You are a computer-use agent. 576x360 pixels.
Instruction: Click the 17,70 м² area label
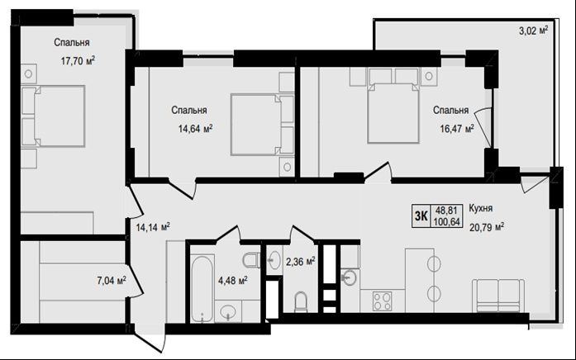pyautogui.click(x=78, y=60)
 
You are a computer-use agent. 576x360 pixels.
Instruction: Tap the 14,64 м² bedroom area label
pyautogui.click(x=195, y=129)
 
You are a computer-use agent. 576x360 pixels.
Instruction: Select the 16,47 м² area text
pyautogui.click(x=457, y=129)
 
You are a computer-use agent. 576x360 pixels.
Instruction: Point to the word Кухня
pyautogui.click(x=481, y=208)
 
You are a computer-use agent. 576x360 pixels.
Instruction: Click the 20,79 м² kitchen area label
pyautogui.click(x=487, y=227)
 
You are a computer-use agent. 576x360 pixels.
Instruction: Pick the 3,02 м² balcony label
pyautogui.click(x=533, y=31)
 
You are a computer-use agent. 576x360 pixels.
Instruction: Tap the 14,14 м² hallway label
pyautogui.click(x=153, y=227)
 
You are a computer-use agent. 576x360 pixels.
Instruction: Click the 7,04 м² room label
pyautogui.click(x=112, y=281)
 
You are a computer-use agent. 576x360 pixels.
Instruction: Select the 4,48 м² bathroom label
pyautogui.click(x=232, y=281)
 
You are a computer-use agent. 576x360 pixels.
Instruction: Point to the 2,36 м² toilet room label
pyautogui.click(x=301, y=262)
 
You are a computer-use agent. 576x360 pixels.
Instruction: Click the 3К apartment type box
pyautogui.click(x=421, y=216)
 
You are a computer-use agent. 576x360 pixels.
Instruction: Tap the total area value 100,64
pyautogui.click(x=447, y=222)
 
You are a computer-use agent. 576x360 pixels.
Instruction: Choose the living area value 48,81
pyautogui.click(x=446, y=211)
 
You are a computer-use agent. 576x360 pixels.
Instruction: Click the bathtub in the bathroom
pyautogui.click(x=202, y=288)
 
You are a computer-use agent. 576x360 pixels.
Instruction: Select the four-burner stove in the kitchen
pyautogui.click(x=382, y=301)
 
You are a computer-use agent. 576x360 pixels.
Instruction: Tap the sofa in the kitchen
pyautogui.click(x=498, y=296)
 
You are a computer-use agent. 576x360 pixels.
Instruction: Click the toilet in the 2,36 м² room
pyautogui.click(x=301, y=302)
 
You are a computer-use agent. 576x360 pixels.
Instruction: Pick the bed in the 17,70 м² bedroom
pyautogui.click(x=53, y=116)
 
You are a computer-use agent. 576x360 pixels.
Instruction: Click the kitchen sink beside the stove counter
pyautogui.click(x=349, y=277)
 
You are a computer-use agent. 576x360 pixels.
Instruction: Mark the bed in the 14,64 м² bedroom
pyautogui.click(x=262, y=125)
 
